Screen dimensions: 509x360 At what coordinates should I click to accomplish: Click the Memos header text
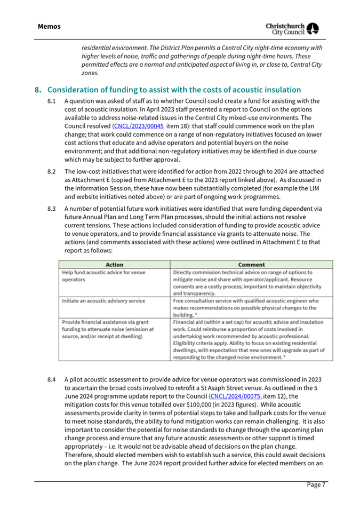tap(49, 26)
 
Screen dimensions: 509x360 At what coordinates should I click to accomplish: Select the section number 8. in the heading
tap(37, 90)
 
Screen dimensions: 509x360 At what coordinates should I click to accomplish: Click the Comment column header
tap(251, 264)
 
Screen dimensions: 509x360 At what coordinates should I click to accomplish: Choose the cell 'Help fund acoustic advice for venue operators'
tap(97, 276)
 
